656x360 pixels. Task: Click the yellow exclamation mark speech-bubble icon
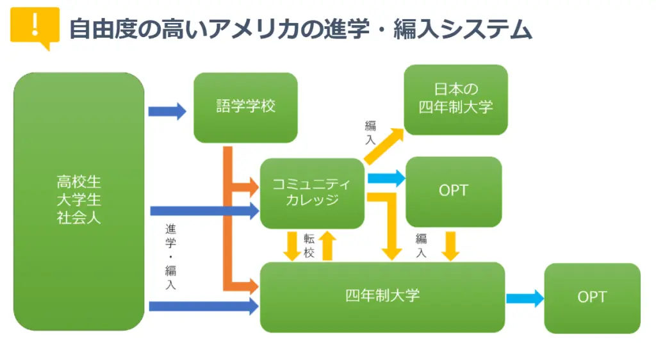(35, 28)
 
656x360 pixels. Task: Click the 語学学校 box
(245, 108)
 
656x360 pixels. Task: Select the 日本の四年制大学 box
(455, 99)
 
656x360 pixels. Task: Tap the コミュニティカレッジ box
(312, 193)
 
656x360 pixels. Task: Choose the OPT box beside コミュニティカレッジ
(454, 192)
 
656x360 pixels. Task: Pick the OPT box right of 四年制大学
(592, 298)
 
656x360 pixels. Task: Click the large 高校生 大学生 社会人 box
(79, 201)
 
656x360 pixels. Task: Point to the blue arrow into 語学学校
(167, 111)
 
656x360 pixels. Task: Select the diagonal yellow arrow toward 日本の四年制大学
(384, 146)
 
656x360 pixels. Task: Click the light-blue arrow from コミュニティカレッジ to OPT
(386, 179)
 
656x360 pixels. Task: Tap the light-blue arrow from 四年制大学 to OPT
(525, 298)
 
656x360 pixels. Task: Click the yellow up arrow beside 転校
(327, 246)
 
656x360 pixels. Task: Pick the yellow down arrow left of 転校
(291, 246)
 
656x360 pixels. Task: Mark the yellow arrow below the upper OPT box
(450, 246)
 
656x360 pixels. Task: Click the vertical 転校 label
(309, 245)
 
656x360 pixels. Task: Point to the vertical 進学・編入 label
(170, 257)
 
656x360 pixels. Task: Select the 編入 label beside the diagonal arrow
(371, 133)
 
